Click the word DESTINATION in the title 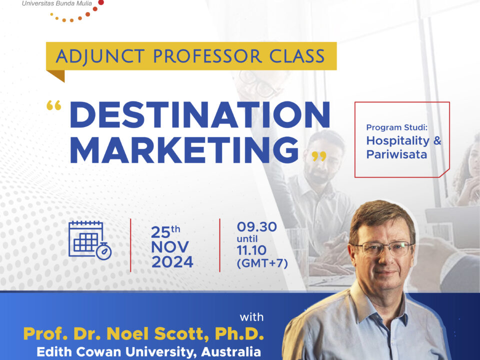point(200,114)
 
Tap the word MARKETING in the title point(184,150)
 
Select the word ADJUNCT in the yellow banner point(100,57)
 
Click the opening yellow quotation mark point(54,105)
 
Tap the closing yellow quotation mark point(319,156)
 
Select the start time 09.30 point(257,227)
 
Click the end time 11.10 point(251,250)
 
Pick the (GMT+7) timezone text point(262,263)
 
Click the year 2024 point(172,262)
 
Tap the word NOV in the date point(170,247)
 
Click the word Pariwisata point(396,154)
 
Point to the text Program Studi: point(396,127)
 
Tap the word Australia point(231,351)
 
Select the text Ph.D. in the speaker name point(239,333)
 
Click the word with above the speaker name point(251,317)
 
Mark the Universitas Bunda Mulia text point(57,3)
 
